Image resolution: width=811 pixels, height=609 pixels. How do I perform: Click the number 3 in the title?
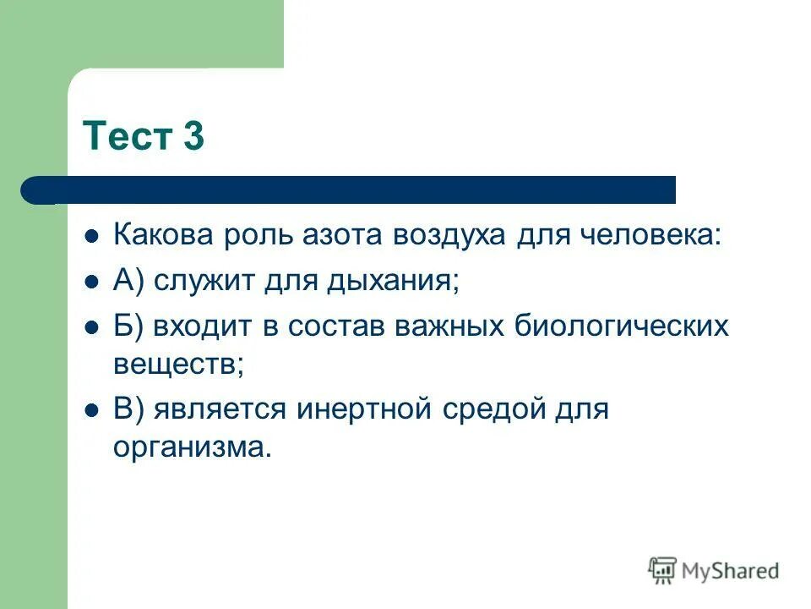click(x=192, y=136)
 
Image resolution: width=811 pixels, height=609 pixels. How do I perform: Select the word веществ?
click(x=176, y=363)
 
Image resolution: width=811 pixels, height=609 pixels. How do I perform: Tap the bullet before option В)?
click(x=92, y=409)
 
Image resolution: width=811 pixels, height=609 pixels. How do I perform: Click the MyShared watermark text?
click(x=732, y=571)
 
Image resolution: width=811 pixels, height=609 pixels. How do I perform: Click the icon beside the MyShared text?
click(x=662, y=570)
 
